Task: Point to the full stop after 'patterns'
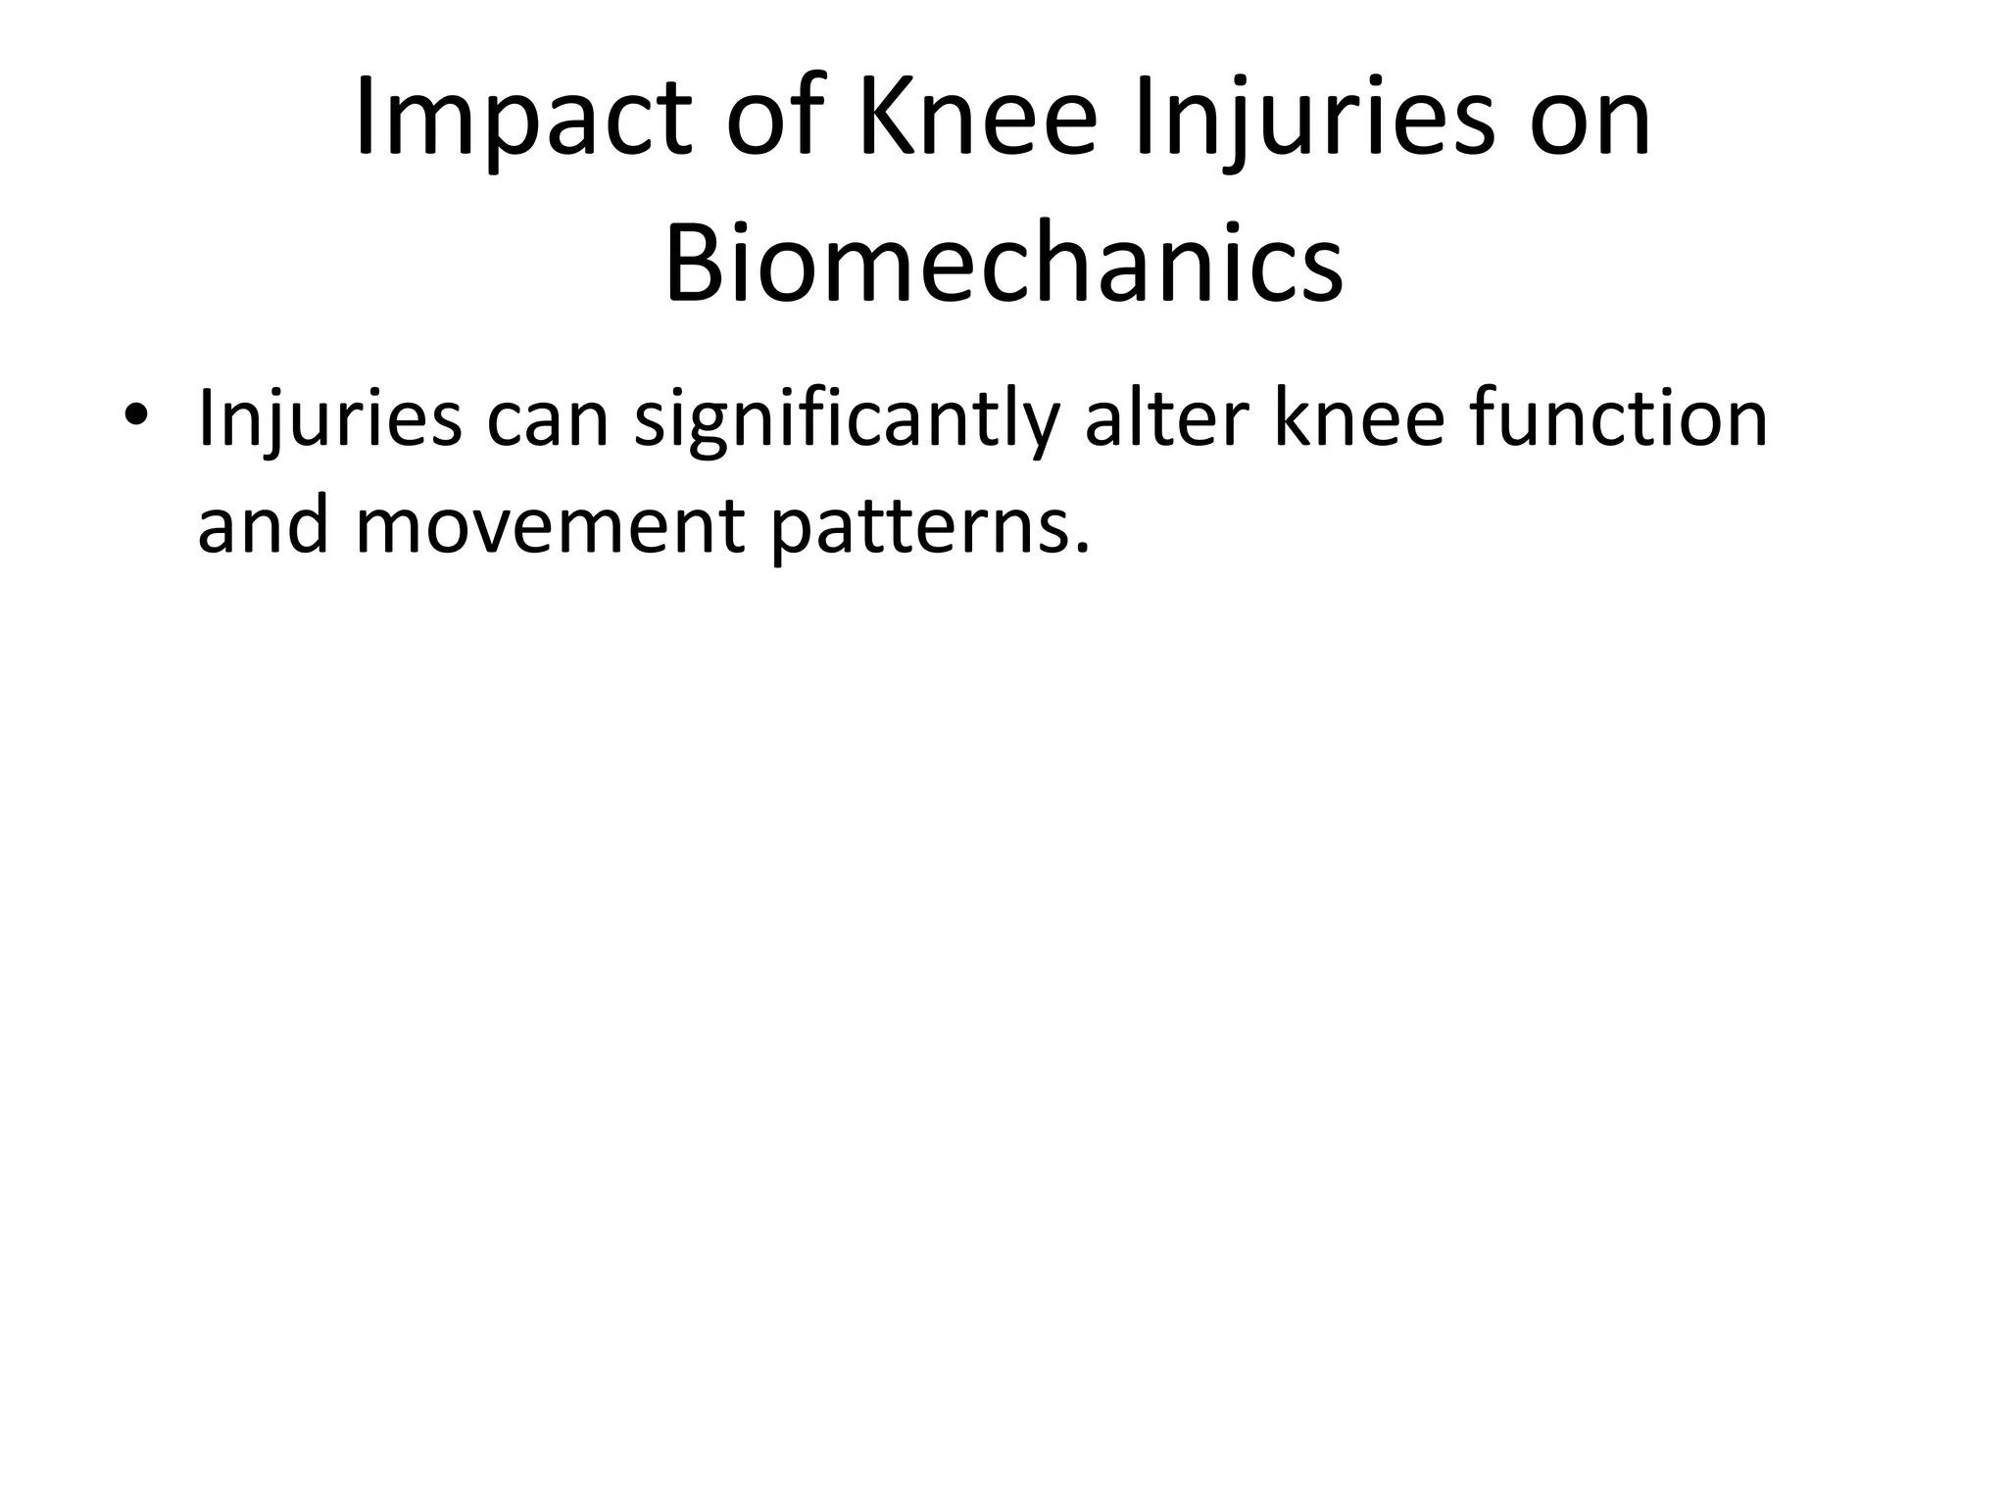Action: click(1082, 549)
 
